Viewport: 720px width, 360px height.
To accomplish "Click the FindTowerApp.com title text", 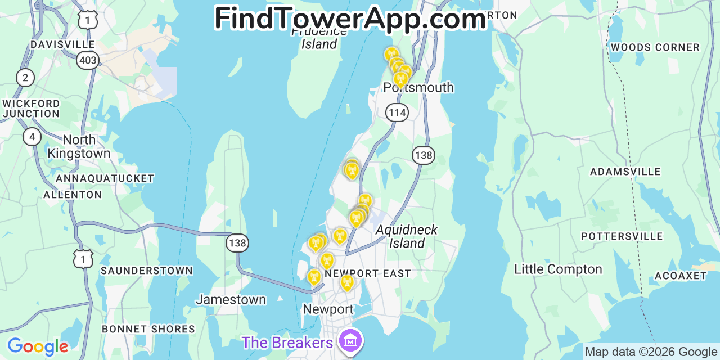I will coord(350,19).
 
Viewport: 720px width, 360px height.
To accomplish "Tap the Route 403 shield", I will coord(88,60).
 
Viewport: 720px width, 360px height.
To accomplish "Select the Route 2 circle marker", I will coord(25,77).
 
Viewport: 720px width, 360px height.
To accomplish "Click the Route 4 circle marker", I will coord(32,136).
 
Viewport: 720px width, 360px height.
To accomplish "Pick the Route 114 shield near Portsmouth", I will coord(397,112).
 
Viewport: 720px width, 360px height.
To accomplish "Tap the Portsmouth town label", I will coord(418,88).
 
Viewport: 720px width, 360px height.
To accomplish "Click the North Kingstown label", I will coord(79,146).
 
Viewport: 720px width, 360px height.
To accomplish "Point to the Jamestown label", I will coord(231,299).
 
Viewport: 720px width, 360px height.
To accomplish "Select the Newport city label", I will coord(328,309).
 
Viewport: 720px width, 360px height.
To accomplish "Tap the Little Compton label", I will coord(558,269).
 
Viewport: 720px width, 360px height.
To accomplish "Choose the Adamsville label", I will coord(625,172).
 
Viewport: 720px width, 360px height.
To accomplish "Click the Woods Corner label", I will coord(655,47).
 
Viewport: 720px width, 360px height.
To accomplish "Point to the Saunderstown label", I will coord(146,271).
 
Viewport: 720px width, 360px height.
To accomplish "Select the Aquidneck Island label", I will coord(407,236).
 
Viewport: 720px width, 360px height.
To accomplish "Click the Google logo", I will coord(38,346).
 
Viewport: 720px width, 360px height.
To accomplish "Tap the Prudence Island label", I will coord(319,38).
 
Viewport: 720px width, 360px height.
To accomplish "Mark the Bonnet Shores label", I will coord(148,329).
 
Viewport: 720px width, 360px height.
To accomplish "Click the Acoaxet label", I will coord(680,276).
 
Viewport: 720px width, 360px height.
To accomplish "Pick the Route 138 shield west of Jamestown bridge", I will coord(237,243).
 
